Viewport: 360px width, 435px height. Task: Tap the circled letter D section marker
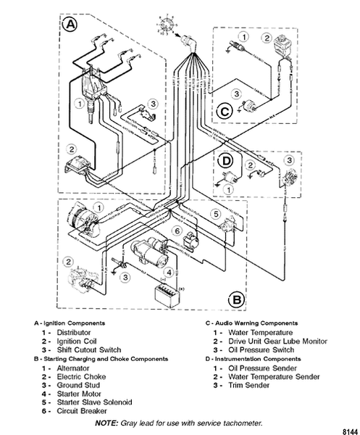[x=225, y=159]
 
